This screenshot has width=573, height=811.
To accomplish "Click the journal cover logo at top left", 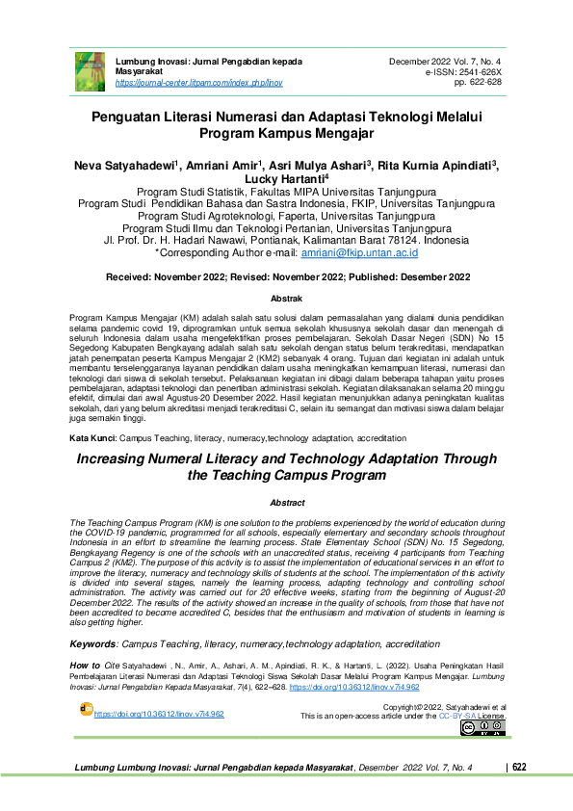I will pos(90,70).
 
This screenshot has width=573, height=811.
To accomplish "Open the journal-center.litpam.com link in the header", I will pos(198,84).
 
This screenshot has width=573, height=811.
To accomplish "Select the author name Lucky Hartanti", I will pos(286,179).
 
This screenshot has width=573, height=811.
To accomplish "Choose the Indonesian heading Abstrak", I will pos(286,300).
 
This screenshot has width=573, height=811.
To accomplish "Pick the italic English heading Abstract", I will pos(287,503).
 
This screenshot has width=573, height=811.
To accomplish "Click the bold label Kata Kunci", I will pos(93,437).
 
